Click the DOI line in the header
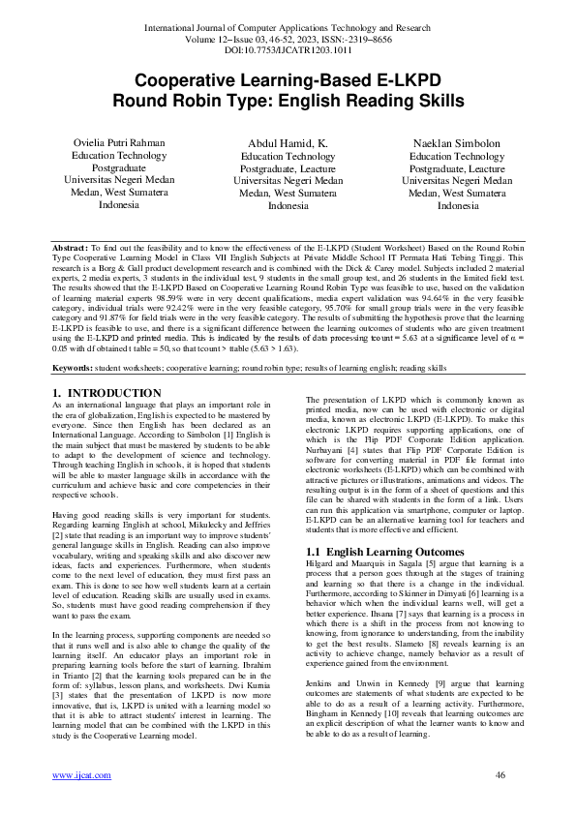coord(288,46)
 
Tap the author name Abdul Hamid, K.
coord(288,143)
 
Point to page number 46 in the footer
coord(500,776)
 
